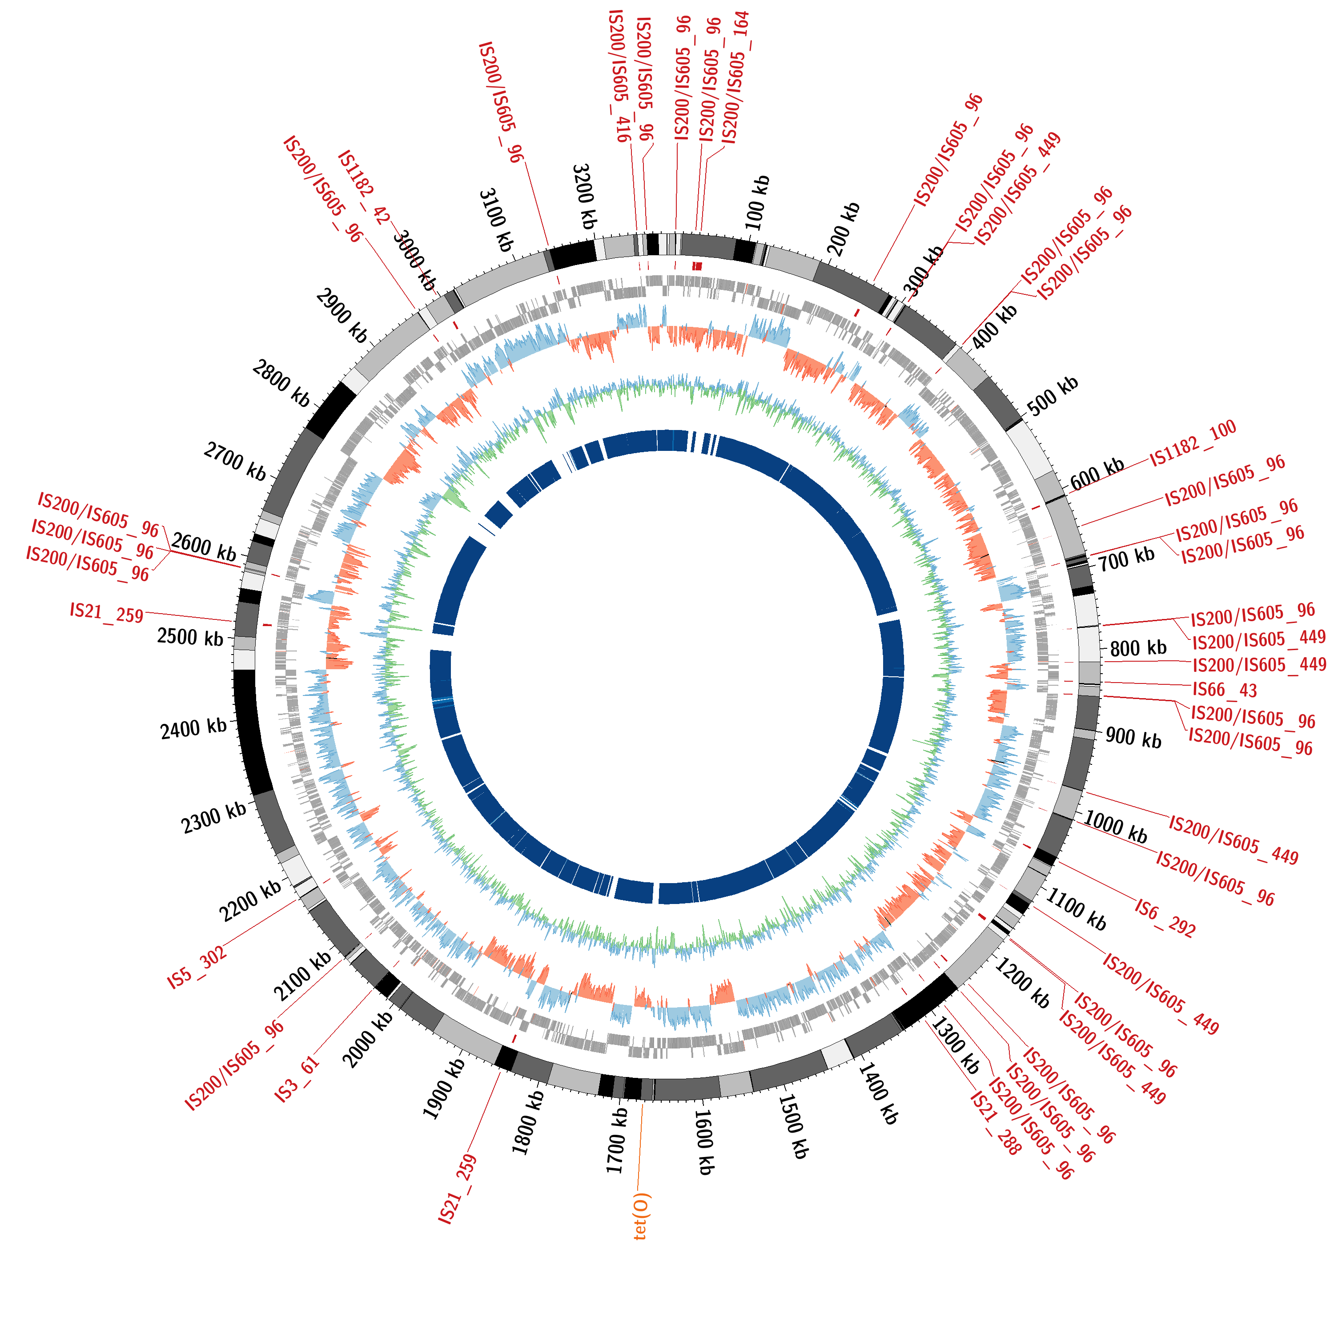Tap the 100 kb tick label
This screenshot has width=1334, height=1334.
[757, 203]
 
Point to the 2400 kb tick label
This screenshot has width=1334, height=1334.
[193, 728]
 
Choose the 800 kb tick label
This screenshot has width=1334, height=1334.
[1138, 648]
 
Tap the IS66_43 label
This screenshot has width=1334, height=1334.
[1225, 690]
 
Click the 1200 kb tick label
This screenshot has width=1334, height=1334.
[1022, 983]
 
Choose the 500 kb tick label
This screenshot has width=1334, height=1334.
[1052, 396]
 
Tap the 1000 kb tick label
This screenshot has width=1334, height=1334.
[1116, 827]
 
